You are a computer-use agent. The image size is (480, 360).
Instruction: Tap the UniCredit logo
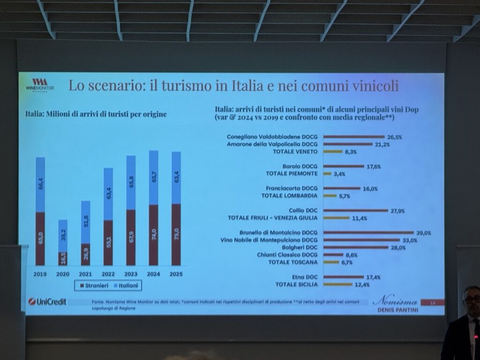pos(47,301)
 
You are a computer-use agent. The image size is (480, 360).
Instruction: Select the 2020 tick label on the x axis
pos(63,273)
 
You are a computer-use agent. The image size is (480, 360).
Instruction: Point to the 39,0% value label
pos(424,232)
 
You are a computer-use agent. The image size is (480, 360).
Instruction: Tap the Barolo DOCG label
pos(300,166)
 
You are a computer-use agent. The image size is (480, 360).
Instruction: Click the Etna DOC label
pos(305,277)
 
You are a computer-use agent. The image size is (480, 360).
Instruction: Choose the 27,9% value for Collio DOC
pos(397,210)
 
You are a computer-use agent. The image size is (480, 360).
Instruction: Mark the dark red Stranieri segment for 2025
pos(176,234)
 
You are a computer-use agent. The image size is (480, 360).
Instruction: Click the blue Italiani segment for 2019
pos(40,184)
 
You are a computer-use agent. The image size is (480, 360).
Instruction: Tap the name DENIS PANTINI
pos(397,310)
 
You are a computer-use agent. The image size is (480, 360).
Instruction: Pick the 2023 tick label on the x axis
pos(131,273)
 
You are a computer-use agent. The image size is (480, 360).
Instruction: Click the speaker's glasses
pos(472,299)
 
